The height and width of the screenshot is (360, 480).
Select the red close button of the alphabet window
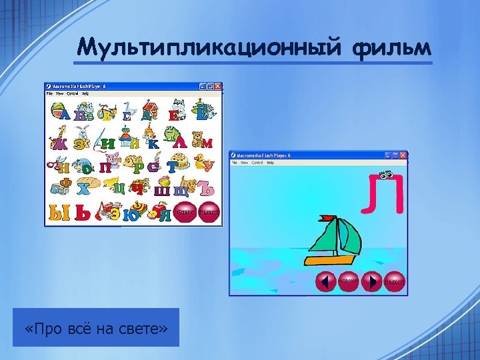[x=217, y=87]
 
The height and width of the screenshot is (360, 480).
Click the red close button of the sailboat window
[x=403, y=155]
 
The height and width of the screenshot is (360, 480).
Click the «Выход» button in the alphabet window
[x=209, y=212]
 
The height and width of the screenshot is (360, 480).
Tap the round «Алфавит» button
[x=348, y=281]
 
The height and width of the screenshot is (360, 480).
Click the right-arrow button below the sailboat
[x=371, y=281]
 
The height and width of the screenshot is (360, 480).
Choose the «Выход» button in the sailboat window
[x=395, y=281]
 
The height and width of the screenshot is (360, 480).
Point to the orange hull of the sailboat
[x=331, y=259]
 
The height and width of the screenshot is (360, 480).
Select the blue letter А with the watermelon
[x=63, y=114]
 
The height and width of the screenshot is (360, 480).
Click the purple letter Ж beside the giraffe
[x=59, y=143]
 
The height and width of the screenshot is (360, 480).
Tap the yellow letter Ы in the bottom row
[x=59, y=213]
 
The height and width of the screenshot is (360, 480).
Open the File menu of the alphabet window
[x=49, y=94]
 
